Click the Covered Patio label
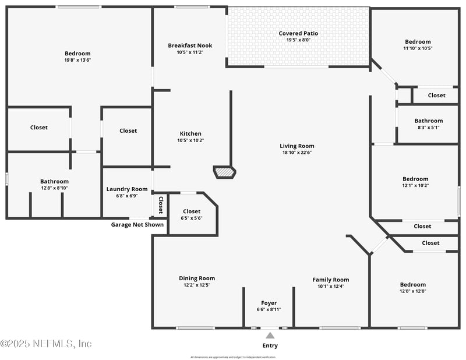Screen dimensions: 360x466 click(x=298, y=33)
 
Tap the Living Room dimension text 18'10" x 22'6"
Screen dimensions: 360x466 click(x=297, y=153)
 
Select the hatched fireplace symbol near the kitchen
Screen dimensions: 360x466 click(x=224, y=172)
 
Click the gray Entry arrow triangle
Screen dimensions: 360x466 click(x=270, y=335)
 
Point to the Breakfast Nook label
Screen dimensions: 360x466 click(x=190, y=45)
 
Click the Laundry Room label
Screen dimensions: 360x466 click(x=127, y=189)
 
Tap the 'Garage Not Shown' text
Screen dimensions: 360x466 click(x=137, y=224)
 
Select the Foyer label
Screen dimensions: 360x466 click(x=269, y=303)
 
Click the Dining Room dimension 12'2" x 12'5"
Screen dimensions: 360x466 click(x=197, y=285)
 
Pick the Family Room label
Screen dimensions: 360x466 click(x=331, y=280)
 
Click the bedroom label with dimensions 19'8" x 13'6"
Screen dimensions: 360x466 click(x=77, y=53)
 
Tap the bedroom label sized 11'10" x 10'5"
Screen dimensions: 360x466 click(x=418, y=41)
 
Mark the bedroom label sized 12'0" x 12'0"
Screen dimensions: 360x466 click(x=413, y=285)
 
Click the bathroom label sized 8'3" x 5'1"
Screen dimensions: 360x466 click(x=428, y=121)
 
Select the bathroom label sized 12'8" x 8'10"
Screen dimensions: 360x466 click(x=54, y=181)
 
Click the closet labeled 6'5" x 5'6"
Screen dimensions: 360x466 click(x=192, y=211)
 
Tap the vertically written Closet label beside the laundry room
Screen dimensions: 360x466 click(x=161, y=204)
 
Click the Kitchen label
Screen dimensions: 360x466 click(x=190, y=133)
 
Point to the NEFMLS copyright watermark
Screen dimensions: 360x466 click(x=46, y=344)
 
